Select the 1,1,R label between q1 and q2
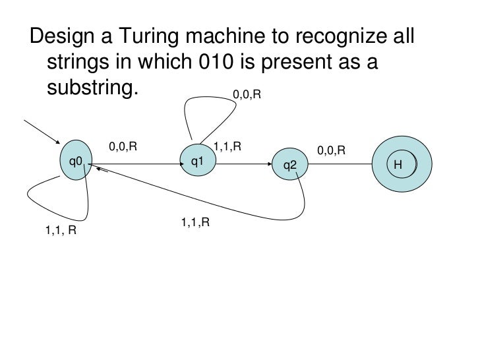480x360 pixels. [227, 146]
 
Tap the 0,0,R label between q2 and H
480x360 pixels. [332, 151]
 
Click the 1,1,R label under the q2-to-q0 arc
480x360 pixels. [195, 222]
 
